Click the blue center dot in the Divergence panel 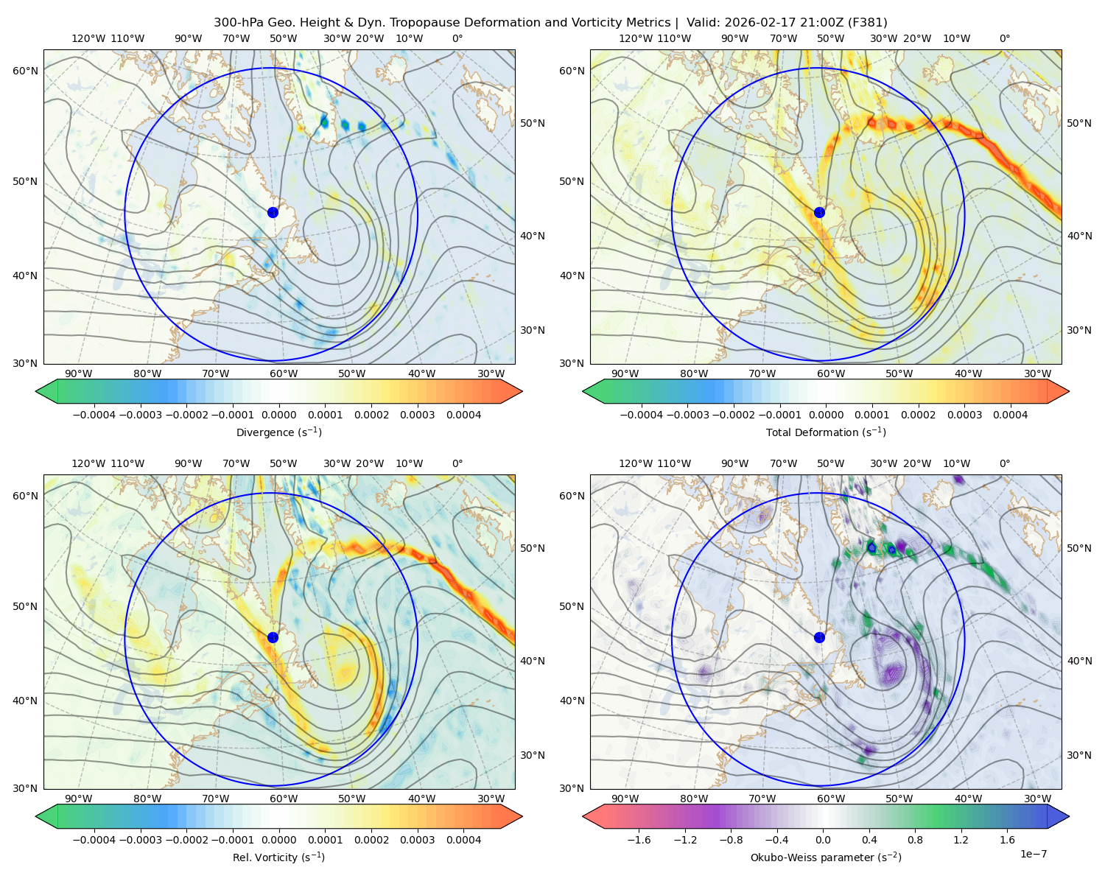click(x=273, y=212)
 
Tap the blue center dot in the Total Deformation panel click(x=819, y=212)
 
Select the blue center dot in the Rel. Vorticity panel click(x=273, y=637)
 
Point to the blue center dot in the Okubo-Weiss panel click(x=819, y=637)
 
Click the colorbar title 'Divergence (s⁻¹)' click(x=278, y=432)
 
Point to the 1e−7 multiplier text click(x=1033, y=854)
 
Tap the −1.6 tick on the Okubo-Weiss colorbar click(x=639, y=839)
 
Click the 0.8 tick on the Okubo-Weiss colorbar click(x=915, y=839)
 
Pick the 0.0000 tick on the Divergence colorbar click(x=278, y=415)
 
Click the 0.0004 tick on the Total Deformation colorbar click(x=1010, y=415)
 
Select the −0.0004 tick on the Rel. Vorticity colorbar click(x=94, y=839)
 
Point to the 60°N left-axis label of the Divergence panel click(x=25, y=71)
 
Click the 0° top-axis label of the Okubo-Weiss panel click(x=1004, y=463)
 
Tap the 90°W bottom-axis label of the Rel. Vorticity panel click(x=79, y=799)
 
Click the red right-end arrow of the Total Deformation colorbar click(x=1058, y=391)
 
